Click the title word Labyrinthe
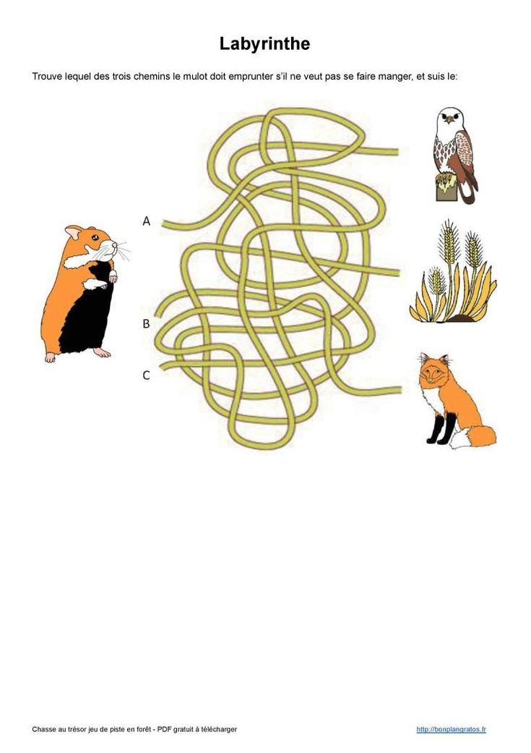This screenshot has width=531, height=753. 265,43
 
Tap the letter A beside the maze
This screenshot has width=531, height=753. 147,221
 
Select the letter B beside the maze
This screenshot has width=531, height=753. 147,323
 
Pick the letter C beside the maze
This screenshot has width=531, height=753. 147,375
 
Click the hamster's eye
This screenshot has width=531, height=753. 95,237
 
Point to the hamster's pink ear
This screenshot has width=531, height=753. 74,232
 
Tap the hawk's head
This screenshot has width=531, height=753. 450,118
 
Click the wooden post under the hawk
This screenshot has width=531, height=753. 445,187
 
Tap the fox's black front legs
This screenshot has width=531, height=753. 442,428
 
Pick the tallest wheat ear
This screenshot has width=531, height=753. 449,243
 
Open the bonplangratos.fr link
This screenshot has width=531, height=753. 451,729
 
